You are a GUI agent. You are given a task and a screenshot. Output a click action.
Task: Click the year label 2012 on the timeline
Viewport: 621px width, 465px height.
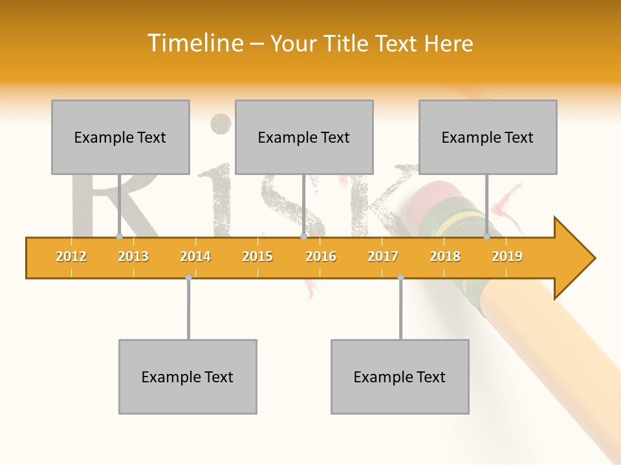pyautogui.click(x=71, y=256)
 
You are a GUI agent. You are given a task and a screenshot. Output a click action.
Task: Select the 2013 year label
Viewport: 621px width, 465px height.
pyautogui.click(x=133, y=256)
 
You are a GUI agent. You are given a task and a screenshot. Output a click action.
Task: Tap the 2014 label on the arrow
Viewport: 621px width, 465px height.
pyautogui.click(x=195, y=256)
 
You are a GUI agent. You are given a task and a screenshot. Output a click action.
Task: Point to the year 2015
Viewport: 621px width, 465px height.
pyautogui.click(x=257, y=256)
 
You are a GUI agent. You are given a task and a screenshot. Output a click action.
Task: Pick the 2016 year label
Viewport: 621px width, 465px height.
pyautogui.click(x=321, y=256)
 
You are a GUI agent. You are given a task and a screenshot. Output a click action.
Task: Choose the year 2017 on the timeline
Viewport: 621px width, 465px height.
pyautogui.click(x=383, y=256)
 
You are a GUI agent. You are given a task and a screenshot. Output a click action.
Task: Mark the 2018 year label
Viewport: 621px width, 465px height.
pyautogui.click(x=445, y=256)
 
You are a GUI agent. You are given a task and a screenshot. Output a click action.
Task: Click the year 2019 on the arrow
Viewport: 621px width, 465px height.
pyautogui.click(x=507, y=256)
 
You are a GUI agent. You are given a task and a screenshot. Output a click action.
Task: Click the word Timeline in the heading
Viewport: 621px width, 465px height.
pyautogui.click(x=194, y=43)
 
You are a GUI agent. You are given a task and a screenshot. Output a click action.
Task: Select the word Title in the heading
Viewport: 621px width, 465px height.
pyautogui.click(x=348, y=43)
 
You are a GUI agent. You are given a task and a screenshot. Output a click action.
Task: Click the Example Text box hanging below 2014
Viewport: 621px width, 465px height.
pyautogui.click(x=188, y=377)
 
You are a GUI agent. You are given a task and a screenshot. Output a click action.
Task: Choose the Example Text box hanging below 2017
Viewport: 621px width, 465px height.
pyautogui.click(x=400, y=377)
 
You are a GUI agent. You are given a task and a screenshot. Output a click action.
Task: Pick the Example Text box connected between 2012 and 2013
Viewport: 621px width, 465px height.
pyautogui.click(x=120, y=137)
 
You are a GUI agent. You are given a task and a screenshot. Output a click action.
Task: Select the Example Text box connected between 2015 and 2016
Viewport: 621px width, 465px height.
pyautogui.click(x=304, y=137)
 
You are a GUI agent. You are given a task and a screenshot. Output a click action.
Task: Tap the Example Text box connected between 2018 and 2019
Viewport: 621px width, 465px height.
pyautogui.click(x=488, y=137)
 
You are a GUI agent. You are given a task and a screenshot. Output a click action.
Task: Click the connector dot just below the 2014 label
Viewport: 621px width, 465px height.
pyautogui.click(x=188, y=277)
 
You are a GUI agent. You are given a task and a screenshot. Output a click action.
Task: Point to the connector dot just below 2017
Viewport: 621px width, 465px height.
pyautogui.click(x=400, y=277)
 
